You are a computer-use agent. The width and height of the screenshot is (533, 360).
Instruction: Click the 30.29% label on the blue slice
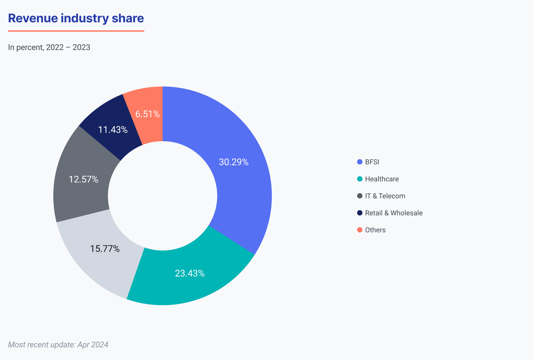[x=234, y=162]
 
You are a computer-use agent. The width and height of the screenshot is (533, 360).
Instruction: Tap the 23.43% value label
[x=190, y=273]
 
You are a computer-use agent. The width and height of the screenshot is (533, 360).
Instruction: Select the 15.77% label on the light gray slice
[x=105, y=249]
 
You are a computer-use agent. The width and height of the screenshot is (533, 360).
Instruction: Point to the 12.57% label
[x=83, y=179]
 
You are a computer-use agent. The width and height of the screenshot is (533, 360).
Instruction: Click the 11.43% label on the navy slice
[x=113, y=130]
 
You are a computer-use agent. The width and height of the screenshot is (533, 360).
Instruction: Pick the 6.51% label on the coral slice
[x=147, y=114]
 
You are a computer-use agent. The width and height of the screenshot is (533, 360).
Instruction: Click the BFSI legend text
[x=372, y=162]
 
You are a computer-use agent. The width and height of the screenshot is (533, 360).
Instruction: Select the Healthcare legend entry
[x=382, y=179]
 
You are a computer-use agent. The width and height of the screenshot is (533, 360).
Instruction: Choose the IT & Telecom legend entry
[x=385, y=196]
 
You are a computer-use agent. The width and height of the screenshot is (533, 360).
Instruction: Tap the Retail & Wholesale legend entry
[x=394, y=213]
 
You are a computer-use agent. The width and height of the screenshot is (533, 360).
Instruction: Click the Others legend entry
[x=375, y=230]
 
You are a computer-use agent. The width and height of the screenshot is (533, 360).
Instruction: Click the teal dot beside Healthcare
[x=360, y=179]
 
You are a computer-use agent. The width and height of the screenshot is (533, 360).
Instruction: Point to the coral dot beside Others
[x=360, y=230]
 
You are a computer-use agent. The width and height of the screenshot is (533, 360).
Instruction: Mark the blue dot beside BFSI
[x=360, y=162]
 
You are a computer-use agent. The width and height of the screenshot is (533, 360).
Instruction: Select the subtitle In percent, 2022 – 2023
[x=49, y=47]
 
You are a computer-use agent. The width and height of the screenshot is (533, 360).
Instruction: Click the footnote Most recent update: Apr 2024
[x=58, y=345]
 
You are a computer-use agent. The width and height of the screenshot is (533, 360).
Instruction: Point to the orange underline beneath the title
[x=76, y=31]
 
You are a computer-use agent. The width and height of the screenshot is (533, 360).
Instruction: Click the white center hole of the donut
[x=163, y=196]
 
